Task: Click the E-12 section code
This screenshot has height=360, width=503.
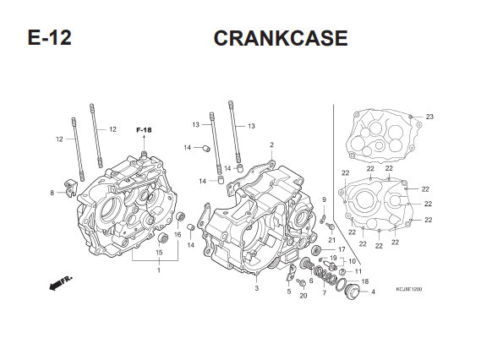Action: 49,37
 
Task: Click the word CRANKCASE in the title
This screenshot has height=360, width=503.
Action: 281,38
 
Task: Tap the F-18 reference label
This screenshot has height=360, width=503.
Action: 144,130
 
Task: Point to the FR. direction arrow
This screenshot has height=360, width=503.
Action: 61,282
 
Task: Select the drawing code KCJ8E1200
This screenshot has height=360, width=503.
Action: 409,289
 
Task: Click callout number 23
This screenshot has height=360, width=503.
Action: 429,117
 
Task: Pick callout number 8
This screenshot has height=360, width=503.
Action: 52,193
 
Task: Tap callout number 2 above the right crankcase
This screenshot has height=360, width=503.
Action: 271,145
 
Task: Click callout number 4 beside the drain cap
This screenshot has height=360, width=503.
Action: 373,292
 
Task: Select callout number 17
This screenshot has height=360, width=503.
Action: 342,249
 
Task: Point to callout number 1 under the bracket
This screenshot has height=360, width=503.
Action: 159,270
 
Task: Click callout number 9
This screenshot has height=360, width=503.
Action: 324,199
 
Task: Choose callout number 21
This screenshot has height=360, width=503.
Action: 331,240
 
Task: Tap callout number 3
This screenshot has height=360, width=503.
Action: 257,288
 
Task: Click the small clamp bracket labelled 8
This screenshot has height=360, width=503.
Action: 71,188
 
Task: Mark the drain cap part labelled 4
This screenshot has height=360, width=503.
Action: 352,292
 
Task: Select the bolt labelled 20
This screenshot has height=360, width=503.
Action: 302,283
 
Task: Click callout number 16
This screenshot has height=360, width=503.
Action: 178,235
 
